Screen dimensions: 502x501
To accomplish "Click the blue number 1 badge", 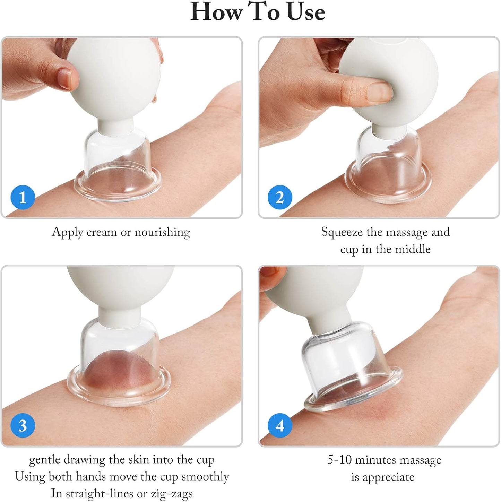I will click(x=23, y=197).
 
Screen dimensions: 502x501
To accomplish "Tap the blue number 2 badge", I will click(x=280, y=197).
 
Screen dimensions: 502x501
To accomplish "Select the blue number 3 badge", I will click(x=23, y=425).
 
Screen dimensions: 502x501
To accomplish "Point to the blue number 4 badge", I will click(x=280, y=425).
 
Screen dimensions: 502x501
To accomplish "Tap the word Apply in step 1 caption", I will click(x=67, y=232).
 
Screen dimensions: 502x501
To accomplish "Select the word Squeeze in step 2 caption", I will click(x=342, y=232).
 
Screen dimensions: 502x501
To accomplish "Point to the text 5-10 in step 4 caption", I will click(x=340, y=460).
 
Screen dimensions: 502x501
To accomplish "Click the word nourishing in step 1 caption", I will click(x=162, y=232).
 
